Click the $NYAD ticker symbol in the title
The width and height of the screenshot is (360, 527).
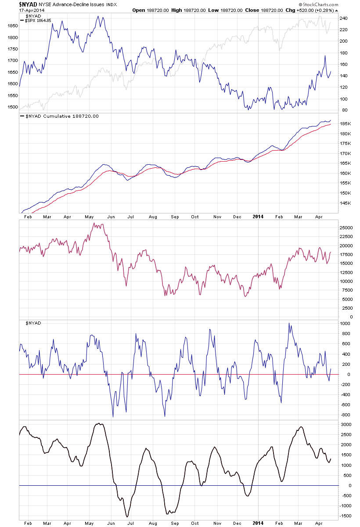pos(27,4)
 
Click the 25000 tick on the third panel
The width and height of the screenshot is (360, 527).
pos(347,227)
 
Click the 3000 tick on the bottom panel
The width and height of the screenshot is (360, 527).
pos(345,425)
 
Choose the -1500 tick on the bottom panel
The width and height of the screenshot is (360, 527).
pos(346,517)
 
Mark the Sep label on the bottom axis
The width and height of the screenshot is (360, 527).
pos(174,524)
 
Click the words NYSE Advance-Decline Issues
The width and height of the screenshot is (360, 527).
pos(70,4)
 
